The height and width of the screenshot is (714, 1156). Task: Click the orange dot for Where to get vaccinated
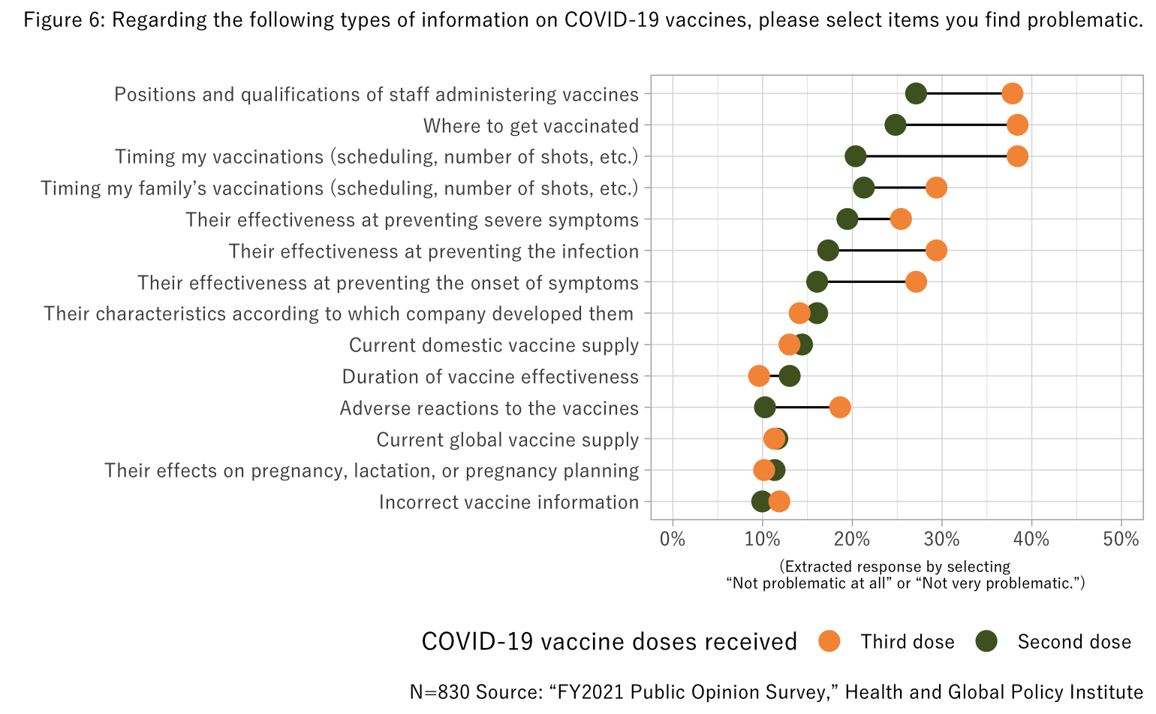point(1017,125)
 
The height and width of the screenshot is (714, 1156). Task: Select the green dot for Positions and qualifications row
point(916,94)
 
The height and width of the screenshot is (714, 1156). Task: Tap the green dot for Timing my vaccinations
point(855,156)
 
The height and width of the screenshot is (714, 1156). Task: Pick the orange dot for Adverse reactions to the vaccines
point(840,408)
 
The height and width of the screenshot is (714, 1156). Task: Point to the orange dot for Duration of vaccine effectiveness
point(759,376)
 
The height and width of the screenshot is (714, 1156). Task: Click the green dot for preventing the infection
point(828,251)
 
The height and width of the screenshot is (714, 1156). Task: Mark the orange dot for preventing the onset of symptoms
point(916,282)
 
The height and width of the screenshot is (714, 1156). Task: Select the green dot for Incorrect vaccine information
point(761,502)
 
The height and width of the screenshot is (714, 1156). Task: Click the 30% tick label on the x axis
point(942,539)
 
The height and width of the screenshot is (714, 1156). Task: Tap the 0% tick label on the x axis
point(673,539)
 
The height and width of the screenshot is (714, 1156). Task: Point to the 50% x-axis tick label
point(1121,539)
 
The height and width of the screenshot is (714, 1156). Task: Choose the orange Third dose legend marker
point(829,641)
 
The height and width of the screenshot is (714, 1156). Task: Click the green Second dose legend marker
point(986,641)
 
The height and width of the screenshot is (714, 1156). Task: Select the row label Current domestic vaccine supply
point(494,345)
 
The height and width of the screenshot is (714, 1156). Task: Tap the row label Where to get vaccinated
point(531,125)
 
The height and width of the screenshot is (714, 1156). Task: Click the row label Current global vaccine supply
point(507,439)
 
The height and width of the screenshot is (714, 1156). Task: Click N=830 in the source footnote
point(440,691)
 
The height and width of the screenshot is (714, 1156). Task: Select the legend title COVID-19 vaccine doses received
point(609,641)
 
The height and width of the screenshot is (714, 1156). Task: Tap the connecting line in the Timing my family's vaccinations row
point(900,188)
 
